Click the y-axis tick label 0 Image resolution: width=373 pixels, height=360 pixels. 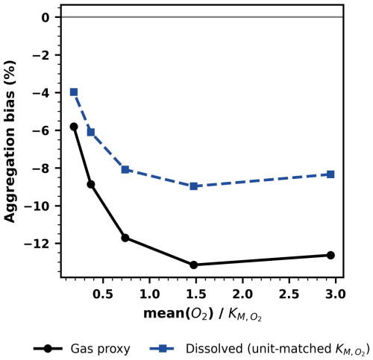pos(46,17)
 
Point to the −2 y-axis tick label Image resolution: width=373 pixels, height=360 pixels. pos(41,55)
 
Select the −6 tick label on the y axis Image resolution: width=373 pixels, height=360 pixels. pos(41,130)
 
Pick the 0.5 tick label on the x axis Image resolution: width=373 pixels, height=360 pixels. pos(103,294)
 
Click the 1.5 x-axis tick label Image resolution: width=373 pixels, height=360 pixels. pos(196,294)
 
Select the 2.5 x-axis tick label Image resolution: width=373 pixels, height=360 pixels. pos(289,294)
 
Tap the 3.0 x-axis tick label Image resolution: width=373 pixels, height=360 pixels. pos(336,294)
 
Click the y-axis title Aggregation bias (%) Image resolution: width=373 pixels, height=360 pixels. pos(10,142)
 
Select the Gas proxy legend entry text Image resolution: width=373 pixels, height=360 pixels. pos(100,349)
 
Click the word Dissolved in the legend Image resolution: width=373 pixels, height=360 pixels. pos(214,348)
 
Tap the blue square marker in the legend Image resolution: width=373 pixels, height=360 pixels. pos(162,349)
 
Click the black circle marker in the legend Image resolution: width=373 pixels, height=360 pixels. pos(48,349)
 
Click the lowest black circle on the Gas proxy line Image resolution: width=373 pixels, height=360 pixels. pos(194,265)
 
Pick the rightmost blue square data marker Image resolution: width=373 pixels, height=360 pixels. pos(330,174)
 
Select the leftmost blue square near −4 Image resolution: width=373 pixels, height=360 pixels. pos(74,92)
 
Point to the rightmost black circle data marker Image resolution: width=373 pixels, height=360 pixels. pos(330,255)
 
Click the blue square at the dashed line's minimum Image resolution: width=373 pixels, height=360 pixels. pos(194,186)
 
